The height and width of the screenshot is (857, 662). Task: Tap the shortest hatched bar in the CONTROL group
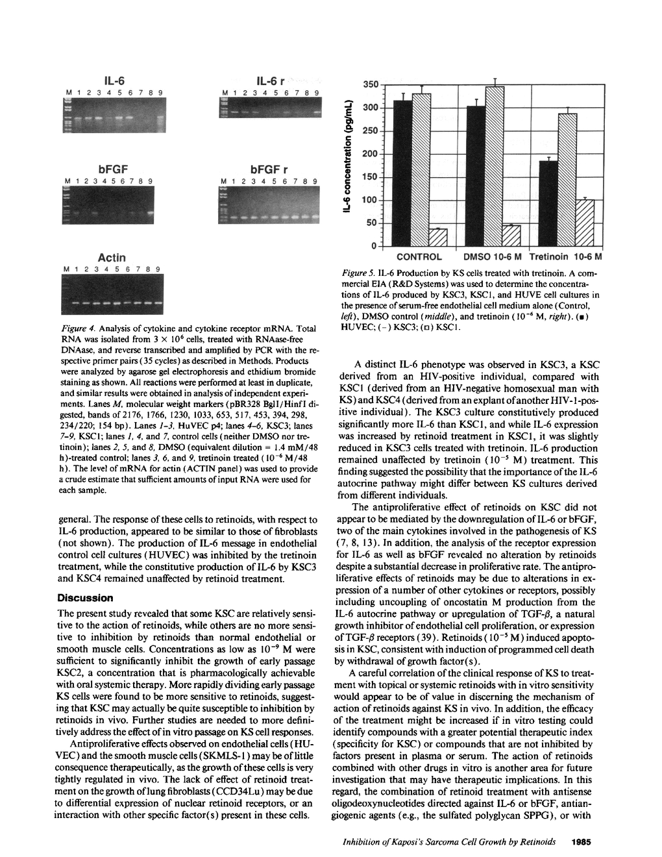pos(439,238)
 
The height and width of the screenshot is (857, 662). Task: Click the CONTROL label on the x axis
pos(419,256)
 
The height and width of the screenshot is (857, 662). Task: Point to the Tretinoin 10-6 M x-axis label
pos(566,256)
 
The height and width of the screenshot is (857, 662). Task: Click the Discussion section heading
pos(85,597)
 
